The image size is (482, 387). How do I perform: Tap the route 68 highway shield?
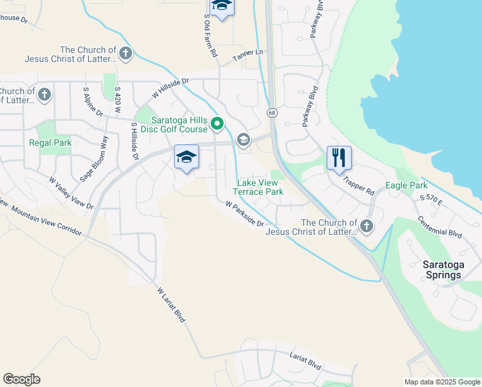pos(273,112)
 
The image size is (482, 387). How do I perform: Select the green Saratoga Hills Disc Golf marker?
pos(218,123)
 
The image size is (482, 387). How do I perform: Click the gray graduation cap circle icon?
pos(243,139)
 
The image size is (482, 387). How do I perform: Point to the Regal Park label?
pos(50,143)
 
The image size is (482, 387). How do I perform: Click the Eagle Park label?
pos(406,185)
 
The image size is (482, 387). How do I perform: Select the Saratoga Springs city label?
pos(442,270)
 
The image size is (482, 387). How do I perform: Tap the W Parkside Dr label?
pos(244,213)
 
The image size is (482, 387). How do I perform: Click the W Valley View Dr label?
pos(71,193)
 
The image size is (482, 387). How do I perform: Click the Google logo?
pos(21,379)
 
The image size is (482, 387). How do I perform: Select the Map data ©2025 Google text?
pos(442,382)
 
